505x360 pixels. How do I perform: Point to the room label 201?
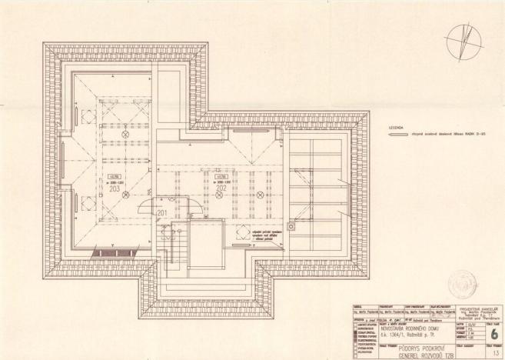coord(162,212)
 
